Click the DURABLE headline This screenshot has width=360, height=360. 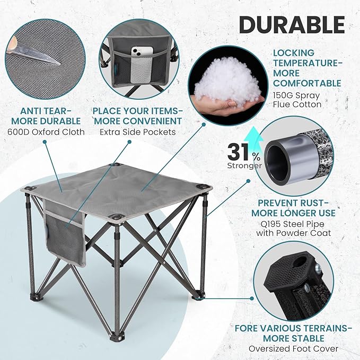(x=291, y=25)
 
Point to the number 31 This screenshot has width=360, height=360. (x=239, y=153)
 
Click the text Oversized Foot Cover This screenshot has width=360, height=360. (x=293, y=349)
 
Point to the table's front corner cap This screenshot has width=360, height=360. (x=117, y=217)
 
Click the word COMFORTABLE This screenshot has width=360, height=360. (x=308, y=83)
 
